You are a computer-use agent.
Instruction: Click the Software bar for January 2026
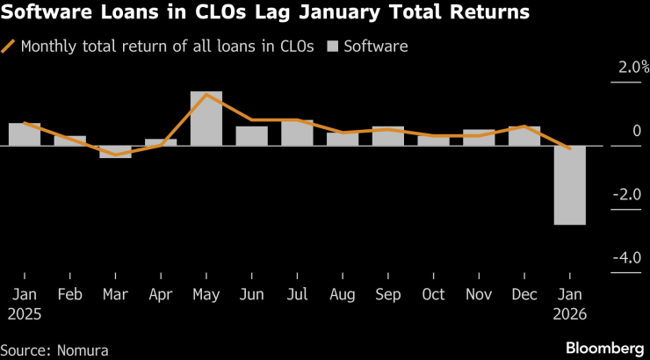pos(569,185)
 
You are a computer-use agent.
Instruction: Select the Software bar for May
pos(206,119)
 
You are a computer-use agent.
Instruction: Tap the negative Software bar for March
pos(115,152)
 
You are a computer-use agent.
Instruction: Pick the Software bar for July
pos(297,133)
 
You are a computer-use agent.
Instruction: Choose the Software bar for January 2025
pos(25,134)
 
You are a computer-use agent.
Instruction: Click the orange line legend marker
pos(9,46)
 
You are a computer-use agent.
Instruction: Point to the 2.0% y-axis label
pos(631,68)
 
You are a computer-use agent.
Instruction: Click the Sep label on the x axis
pos(388,293)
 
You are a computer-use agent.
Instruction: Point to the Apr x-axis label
pos(161,293)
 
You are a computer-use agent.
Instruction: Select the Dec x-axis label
pos(524,293)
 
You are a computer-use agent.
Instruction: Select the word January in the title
pos(372,13)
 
